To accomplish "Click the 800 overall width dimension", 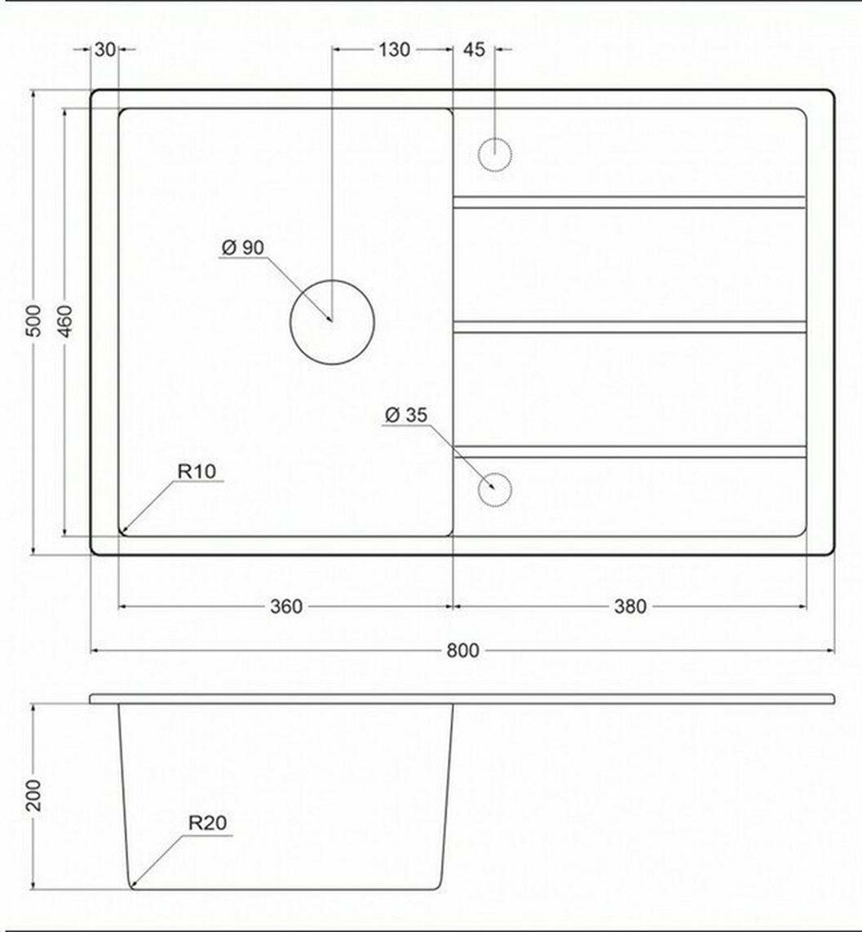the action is (462, 650).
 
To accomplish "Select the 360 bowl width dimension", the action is (286, 606).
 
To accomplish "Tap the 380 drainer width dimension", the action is (630, 606).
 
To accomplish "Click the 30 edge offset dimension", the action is (104, 50).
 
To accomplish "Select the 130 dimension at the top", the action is (394, 50).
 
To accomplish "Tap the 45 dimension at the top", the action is (474, 50).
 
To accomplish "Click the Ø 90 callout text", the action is (242, 247).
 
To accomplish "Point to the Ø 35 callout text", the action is (406, 415).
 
